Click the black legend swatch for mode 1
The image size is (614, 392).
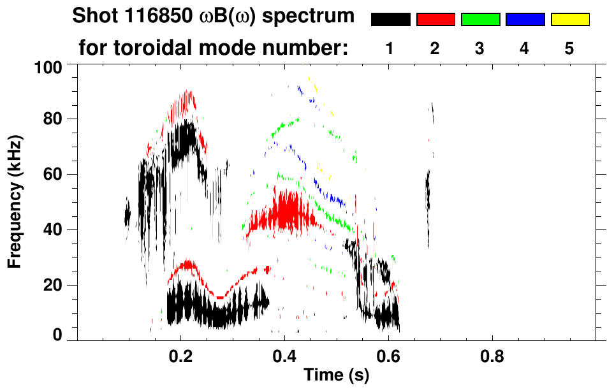click(x=390, y=20)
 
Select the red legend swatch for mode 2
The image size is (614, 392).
click(x=435, y=20)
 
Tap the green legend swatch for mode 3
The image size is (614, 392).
click(x=480, y=20)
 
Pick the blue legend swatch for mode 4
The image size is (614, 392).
click(x=525, y=20)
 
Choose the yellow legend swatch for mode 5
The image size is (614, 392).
click(x=569, y=20)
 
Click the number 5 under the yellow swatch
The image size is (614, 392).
click(x=569, y=49)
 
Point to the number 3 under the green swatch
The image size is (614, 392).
click(x=480, y=49)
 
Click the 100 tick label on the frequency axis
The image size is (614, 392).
click(x=49, y=66)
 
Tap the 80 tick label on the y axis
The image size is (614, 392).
click(x=53, y=119)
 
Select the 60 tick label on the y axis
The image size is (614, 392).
click(x=53, y=175)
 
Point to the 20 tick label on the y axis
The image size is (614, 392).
click(x=53, y=285)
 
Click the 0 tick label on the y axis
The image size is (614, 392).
click(x=57, y=335)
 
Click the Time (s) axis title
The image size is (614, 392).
click(x=336, y=376)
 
